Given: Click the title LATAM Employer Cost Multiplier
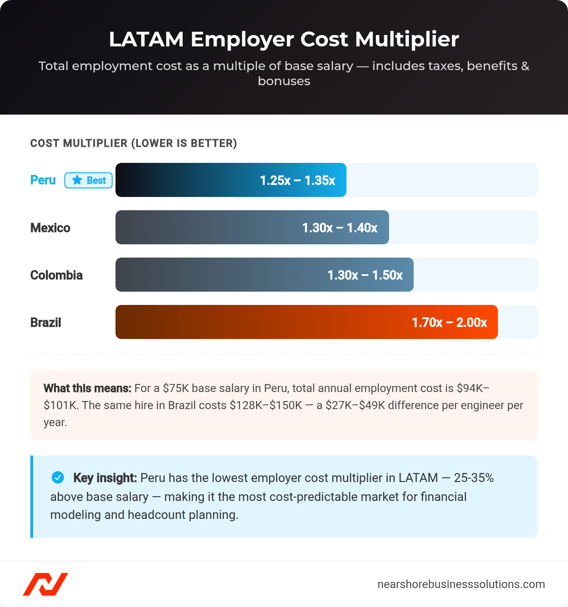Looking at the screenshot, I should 284,39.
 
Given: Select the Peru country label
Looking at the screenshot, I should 43,180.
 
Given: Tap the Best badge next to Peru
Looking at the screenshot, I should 89,180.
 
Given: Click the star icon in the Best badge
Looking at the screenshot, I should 77,180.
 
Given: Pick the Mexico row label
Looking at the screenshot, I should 50,228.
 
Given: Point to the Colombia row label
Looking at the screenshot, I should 56,275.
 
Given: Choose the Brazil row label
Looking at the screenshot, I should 46,322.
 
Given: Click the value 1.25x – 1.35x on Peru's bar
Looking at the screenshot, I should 297,180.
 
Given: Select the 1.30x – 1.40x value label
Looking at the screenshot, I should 339,228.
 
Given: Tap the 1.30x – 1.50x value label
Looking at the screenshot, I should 365,275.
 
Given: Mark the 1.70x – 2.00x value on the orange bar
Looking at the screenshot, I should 449,322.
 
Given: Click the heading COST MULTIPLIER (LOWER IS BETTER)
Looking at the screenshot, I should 133,143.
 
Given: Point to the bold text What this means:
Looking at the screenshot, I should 87,388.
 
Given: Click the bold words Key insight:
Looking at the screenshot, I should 105,478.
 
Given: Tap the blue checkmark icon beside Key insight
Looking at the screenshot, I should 58,478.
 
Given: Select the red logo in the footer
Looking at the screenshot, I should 45,584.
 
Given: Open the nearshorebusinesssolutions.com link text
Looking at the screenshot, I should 461,584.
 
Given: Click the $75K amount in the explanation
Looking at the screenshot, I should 176,388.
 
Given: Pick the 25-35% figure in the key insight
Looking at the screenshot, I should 473,478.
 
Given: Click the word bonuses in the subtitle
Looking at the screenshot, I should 284,81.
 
